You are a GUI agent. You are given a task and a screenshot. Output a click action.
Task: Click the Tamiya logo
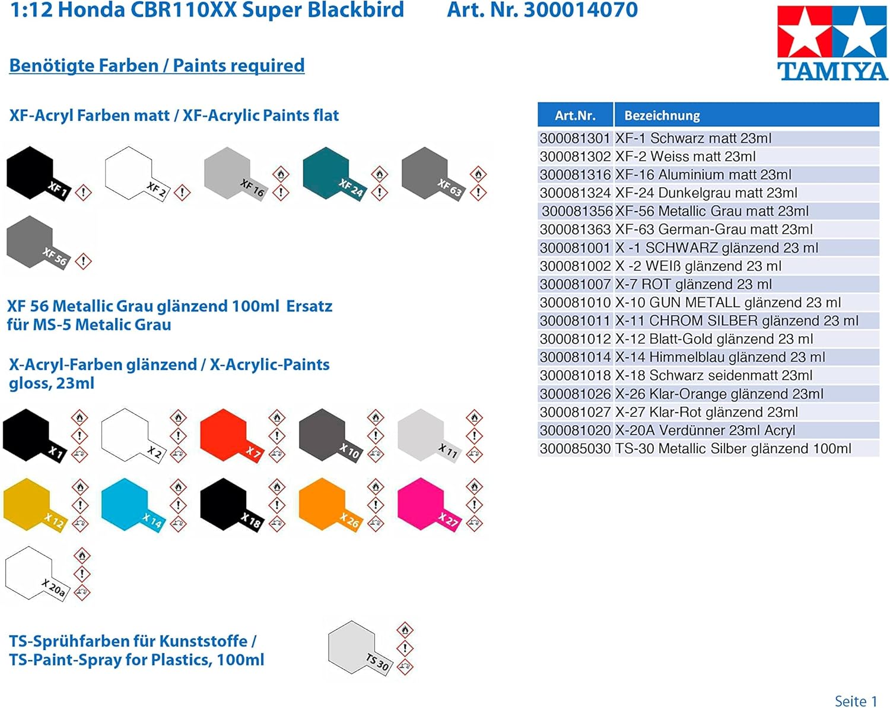832,43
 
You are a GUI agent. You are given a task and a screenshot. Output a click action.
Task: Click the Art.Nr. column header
575,115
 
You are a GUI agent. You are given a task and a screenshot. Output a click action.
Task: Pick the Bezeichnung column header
746,115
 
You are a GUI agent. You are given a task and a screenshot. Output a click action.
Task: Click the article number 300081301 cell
575,138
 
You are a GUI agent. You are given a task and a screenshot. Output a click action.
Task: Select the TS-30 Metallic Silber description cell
733,448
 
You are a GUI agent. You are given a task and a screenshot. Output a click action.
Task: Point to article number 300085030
575,448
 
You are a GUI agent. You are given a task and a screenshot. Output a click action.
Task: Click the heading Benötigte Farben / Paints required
157,66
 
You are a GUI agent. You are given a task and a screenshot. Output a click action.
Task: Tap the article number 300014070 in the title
581,9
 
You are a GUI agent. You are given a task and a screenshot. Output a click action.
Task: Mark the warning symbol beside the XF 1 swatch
83,192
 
